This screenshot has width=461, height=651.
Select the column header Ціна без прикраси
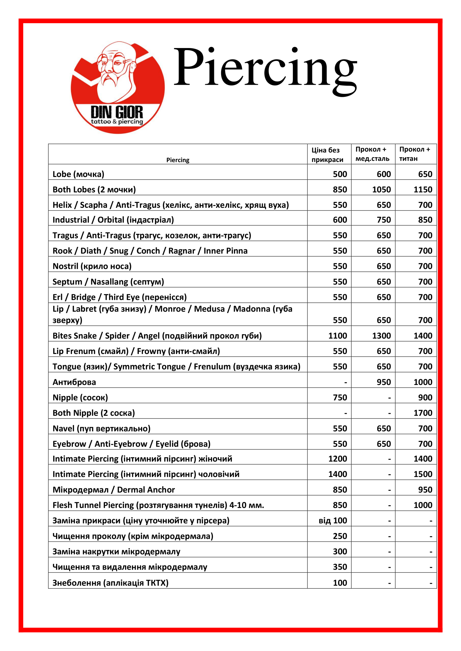(327, 155)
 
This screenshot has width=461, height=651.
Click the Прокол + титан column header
(414, 154)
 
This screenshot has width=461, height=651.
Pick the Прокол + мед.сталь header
(372, 154)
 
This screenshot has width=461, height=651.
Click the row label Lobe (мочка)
(78, 174)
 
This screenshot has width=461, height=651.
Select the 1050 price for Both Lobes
(381, 189)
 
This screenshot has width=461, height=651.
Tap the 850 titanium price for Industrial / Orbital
(425, 220)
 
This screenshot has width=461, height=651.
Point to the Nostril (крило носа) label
(92, 266)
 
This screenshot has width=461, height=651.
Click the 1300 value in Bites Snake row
(381, 336)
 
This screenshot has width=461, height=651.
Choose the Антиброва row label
(74, 382)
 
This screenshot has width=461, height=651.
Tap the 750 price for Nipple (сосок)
(340, 397)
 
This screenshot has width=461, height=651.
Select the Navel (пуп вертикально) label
(101, 428)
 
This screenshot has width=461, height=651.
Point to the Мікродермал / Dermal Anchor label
(114, 490)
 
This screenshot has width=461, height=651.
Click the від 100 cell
(333, 521)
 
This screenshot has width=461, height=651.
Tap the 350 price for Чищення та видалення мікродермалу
(340, 567)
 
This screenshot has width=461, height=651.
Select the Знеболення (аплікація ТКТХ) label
(111, 583)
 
